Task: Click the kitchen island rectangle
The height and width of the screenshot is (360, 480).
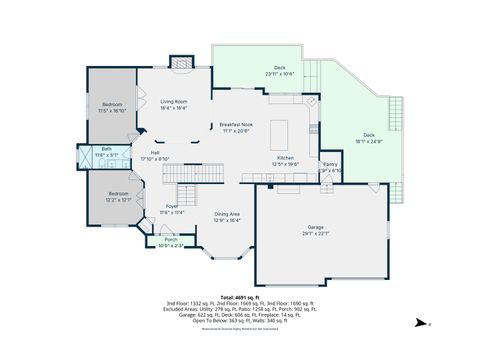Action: (x=281, y=133)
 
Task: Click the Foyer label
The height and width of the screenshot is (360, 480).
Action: (x=171, y=208)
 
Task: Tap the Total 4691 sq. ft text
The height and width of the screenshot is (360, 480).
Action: (x=240, y=298)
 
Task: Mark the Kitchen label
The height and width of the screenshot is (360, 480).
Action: (x=286, y=160)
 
